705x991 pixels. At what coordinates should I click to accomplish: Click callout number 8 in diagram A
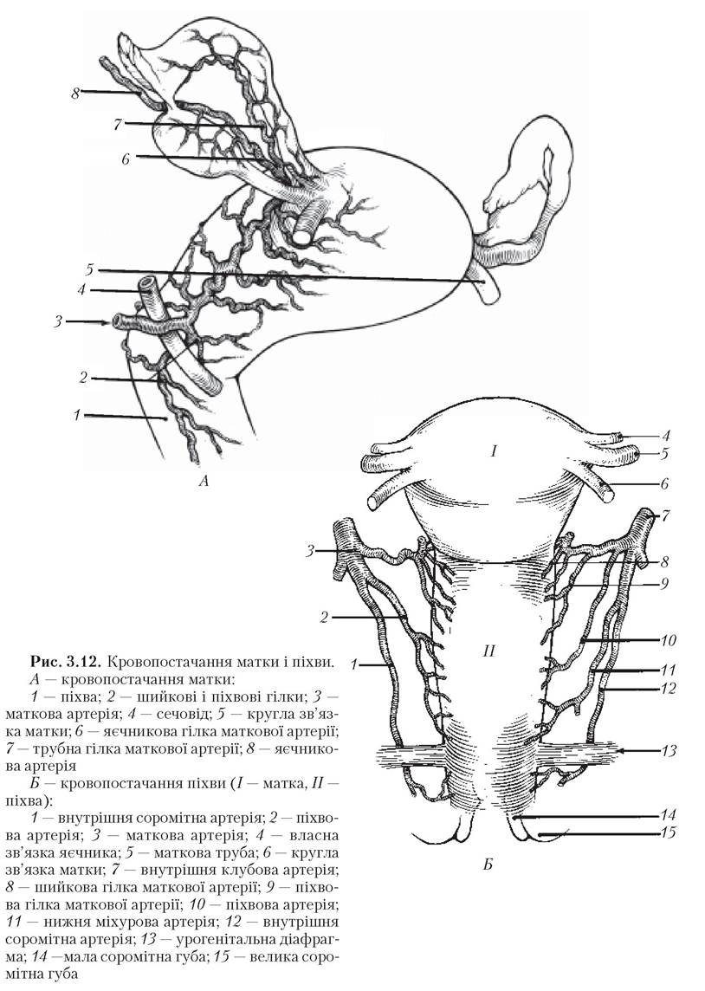point(76,94)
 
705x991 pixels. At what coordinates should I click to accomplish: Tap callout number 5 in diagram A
point(90,270)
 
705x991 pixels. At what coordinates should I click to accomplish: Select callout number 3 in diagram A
point(58,321)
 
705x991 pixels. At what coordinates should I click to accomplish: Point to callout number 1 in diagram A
point(76,415)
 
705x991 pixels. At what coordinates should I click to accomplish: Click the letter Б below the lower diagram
point(487,864)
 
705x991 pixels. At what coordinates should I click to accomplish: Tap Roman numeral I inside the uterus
point(495,450)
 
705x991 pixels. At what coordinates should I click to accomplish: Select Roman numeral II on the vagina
point(488,650)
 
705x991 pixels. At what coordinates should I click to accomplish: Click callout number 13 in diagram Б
point(669,751)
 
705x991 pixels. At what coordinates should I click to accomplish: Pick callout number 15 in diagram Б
point(669,832)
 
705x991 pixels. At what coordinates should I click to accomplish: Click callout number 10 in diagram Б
point(669,640)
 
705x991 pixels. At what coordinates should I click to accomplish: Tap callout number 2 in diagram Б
point(325,618)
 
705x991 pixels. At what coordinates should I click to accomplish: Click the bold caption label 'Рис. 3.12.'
point(67,663)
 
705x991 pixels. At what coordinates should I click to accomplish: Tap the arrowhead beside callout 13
point(620,751)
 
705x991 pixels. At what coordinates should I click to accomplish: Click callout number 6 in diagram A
point(126,159)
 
